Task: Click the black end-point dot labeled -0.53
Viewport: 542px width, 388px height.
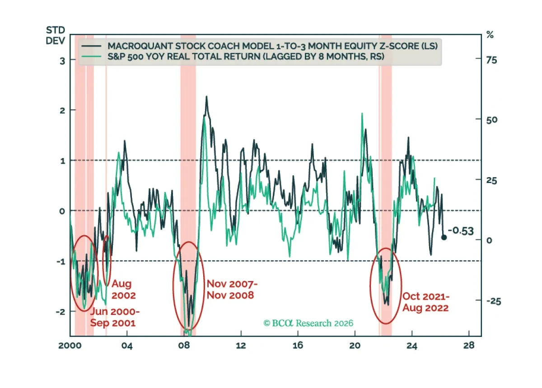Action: (x=444, y=238)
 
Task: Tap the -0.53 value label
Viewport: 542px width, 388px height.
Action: (x=461, y=231)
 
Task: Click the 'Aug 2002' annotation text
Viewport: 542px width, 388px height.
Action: (x=124, y=290)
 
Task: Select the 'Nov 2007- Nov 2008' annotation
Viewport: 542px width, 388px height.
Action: (x=232, y=290)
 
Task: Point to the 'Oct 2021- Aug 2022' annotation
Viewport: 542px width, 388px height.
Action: (x=425, y=302)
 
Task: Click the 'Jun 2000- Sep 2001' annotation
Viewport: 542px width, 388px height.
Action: (x=115, y=317)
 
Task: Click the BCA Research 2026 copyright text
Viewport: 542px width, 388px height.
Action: (x=308, y=323)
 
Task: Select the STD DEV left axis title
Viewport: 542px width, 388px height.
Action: (x=56, y=36)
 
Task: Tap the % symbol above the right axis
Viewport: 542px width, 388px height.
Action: (x=490, y=35)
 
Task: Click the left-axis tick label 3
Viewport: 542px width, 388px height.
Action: (x=62, y=61)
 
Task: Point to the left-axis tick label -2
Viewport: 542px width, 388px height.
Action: (x=61, y=312)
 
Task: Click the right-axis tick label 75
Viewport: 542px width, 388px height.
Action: (x=492, y=60)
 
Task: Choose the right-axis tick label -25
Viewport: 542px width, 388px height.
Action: (x=494, y=301)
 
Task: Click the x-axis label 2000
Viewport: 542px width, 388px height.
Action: (x=70, y=346)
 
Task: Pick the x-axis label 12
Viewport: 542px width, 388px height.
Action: (x=241, y=346)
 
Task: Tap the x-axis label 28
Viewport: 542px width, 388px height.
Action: (x=469, y=346)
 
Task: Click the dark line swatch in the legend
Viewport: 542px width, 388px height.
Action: (x=91, y=46)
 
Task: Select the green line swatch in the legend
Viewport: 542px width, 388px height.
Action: (x=91, y=56)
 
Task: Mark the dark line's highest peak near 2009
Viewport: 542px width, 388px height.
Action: (x=206, y=96)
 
